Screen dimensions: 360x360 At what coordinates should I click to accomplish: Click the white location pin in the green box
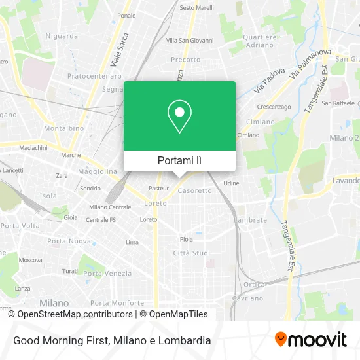pos(179,117)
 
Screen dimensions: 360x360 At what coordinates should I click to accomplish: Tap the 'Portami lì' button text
pos(179,160)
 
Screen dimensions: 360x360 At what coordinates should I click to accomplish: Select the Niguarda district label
pos(62,36)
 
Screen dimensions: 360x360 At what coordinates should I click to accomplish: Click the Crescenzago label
pos(274,106)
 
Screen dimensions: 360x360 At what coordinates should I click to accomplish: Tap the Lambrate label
pos(251,220)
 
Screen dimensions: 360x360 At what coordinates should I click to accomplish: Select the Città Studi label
pos(191,253)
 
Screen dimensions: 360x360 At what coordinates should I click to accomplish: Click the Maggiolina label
pos(98,171)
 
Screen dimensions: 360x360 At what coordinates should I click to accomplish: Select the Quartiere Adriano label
pos(260,41)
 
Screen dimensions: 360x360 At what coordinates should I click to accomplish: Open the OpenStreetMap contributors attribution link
pos(70,314)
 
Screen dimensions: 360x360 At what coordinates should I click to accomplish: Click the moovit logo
pos(311,340)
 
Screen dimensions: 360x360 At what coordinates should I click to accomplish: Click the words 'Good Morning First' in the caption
pos(61,340)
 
